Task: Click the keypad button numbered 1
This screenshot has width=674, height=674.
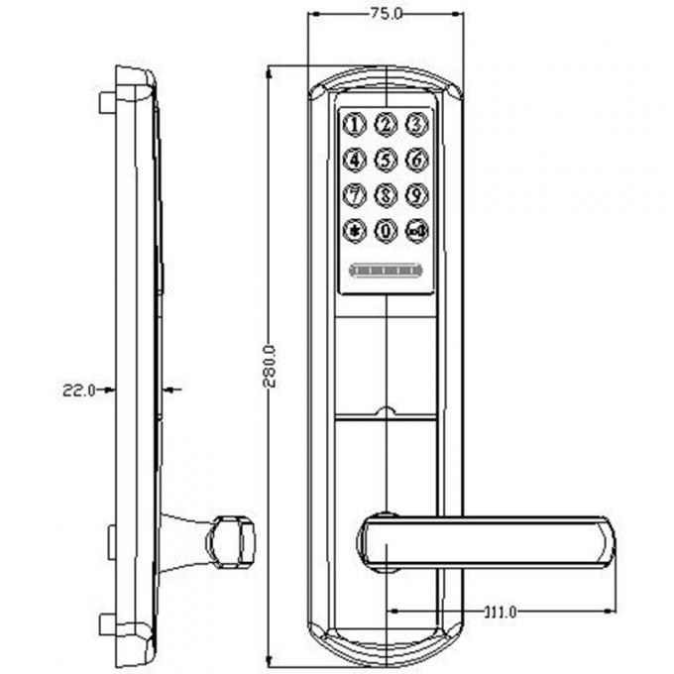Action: point(354,125)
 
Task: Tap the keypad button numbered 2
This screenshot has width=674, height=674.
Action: point(386,125)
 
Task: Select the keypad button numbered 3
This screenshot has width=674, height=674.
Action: point(417,125)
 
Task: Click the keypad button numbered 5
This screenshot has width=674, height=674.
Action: point(386,160)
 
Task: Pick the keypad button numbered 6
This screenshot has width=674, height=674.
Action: point(417,160)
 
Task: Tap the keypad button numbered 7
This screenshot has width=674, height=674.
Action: point(354,195)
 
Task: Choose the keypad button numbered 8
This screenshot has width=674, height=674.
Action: point(386,195)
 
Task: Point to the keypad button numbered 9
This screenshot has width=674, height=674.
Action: point(417,195)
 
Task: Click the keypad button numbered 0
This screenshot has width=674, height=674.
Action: point(386,232)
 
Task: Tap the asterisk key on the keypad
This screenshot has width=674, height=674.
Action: point(354,232)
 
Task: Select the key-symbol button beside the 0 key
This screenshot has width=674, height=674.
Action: point(417,232)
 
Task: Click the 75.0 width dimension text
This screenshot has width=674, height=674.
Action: point(386,14)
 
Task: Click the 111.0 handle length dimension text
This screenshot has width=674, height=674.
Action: point(499,612)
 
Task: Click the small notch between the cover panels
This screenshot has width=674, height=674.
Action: point(386,410)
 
